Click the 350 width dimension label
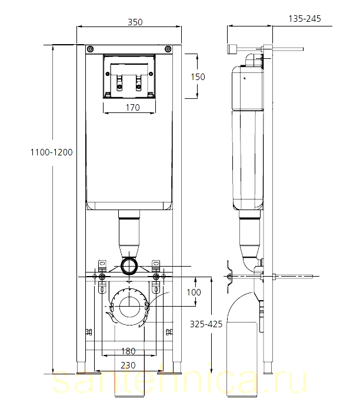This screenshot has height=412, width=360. [135, 22]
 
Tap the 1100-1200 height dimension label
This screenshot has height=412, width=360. [51, 152]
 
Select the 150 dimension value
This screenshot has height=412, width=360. [198, 77]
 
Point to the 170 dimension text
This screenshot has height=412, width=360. [133, 108]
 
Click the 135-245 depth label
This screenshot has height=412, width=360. [305, 19]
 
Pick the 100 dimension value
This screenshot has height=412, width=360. [194, 292]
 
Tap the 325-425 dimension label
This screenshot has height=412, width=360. [206, 324]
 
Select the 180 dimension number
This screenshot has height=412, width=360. [128, 351]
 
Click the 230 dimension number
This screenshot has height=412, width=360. [128, 366]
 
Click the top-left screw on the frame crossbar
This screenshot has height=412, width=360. [90, 49]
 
